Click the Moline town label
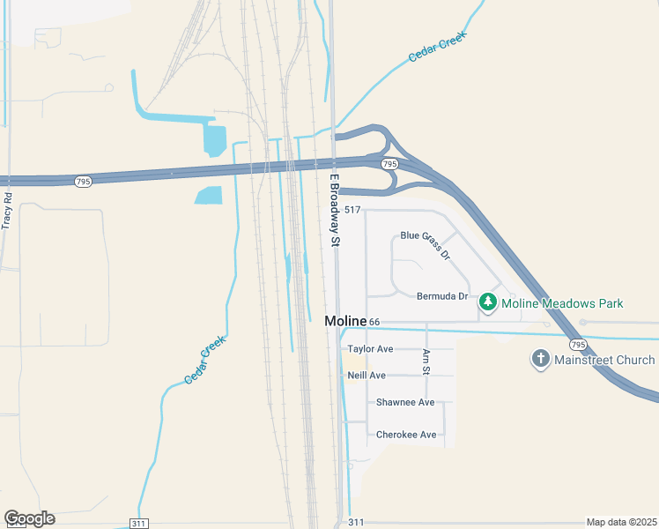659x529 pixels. [345, 321]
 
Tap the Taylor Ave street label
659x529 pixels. [370, 349]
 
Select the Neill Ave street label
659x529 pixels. [367, 376]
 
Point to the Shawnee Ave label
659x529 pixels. [405, 402]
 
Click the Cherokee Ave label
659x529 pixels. [406, 435]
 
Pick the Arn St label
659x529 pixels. [426, 361]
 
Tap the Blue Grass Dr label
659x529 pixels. [425, 245]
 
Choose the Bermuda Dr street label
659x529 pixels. [442, 296]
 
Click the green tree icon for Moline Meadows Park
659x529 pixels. [488, 303]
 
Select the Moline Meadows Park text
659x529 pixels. [562, 303]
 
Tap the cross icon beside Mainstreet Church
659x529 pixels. [540, 360]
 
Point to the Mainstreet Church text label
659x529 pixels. [604, 360]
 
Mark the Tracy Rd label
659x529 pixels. [7, 211]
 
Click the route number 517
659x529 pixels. [352, 209]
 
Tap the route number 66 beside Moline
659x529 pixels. [374, 322]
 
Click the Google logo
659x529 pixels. [29, 518]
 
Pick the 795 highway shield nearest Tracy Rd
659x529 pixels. [83, 182]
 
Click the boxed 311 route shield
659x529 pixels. [138, 523]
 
